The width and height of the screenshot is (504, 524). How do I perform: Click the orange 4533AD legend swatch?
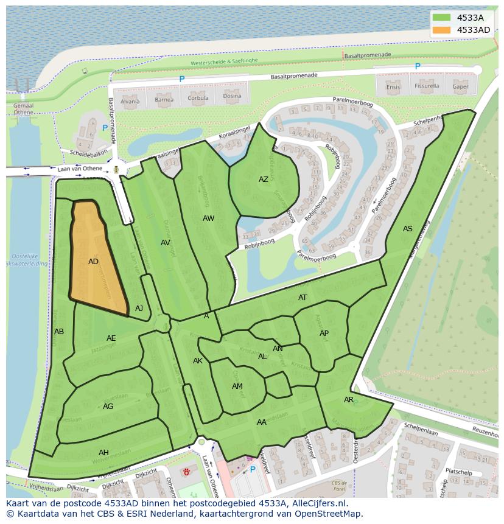[x=443, y=30]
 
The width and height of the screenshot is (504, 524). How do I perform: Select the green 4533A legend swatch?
[x=443, y=18]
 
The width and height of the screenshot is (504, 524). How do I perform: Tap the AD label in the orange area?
[x=93, y=262]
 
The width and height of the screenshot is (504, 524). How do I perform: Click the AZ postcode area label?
[x=263, y=180]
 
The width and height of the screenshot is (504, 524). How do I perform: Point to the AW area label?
[x=208, y=218]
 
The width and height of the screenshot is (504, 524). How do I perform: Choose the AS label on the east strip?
[x=407, y=229]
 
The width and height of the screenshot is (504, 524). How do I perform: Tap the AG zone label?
[x=108, y=407]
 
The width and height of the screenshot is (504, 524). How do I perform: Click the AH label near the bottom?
[x=103, y=452]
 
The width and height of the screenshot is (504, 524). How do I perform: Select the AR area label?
[x=349, y=400]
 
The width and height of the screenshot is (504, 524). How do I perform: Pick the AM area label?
[x=237, y=386]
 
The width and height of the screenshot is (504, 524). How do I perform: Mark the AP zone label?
[x=324, y=334]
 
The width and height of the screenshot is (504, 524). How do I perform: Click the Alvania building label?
[x=130, y=101]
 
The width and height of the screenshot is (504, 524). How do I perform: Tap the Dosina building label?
[x=231, y=96]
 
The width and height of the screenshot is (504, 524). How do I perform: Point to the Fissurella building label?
[x=427, y=86]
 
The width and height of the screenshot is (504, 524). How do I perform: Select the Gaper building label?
[x=460, y=86]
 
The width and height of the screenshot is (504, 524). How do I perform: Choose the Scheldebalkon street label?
[x=88, y=153]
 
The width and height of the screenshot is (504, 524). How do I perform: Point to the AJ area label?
[x=139, y=309]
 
